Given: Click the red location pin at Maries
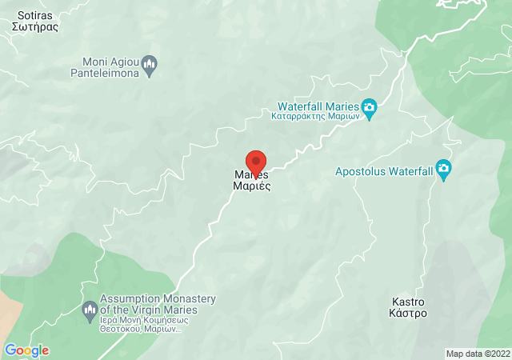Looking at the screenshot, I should pyautogui.click(x=255, y=160).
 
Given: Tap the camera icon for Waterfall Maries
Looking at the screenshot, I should pyautogui.click(x=369, y=107).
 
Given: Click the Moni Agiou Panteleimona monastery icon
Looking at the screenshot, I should pyautogui.click(x=149, y=62).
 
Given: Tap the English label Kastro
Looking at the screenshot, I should pyautogui.click(x=408, y=302).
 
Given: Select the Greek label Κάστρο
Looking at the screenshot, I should pyautogui.click(x=408, y=314).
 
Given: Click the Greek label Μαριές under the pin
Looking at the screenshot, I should pyautogui.click(x=251, y=186).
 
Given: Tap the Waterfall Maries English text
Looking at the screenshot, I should pyautogui.click(x=318, y=106).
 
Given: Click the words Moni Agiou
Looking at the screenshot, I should pyautogui.click(x=110, y=62).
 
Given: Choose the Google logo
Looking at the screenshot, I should pyautogui.click(x=26, y=350).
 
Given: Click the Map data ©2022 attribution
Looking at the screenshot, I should pyautogui.click(x=477, y=354).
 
